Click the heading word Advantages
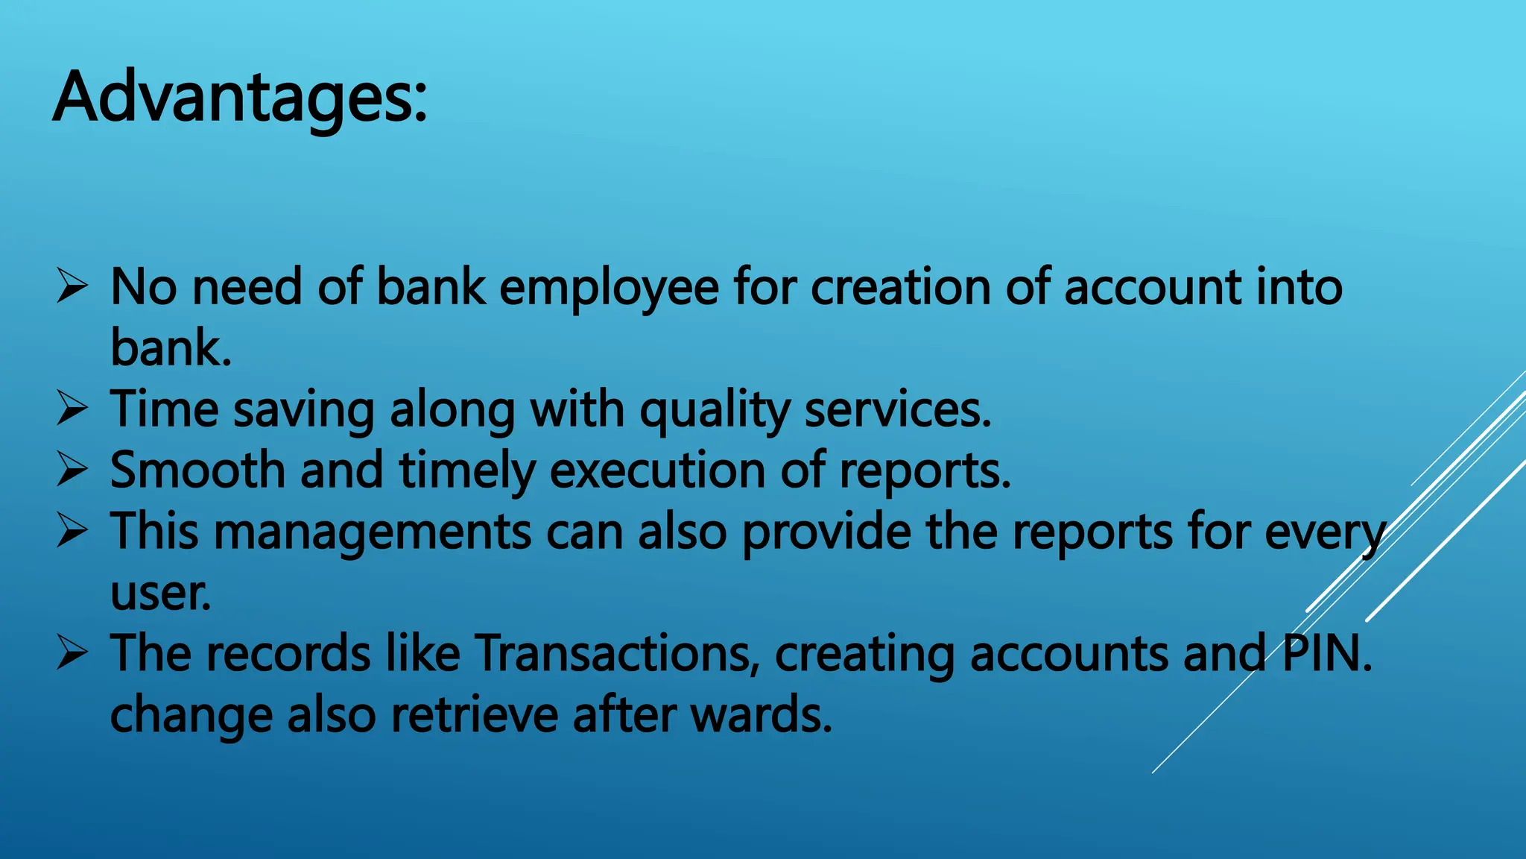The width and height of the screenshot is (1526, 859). [240, 98]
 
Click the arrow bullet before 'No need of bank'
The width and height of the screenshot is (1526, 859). [72, 287]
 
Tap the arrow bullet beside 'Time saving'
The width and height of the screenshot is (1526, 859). [72, 409]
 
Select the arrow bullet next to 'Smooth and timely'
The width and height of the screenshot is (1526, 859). [72, 471]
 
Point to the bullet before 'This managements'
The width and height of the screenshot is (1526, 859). [72, 532]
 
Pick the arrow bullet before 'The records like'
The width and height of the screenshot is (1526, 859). [72, 654]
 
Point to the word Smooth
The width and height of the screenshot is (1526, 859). [197, 471]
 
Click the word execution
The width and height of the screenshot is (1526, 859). [658, 471]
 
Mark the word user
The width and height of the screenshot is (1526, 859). [160, 594]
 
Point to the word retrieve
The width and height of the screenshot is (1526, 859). [475, 715]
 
